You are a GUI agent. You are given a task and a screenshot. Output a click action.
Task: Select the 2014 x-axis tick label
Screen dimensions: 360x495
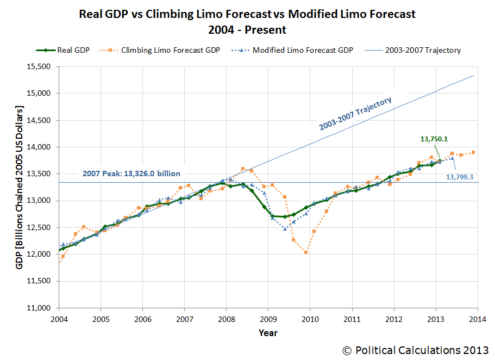click(x=477, y=318)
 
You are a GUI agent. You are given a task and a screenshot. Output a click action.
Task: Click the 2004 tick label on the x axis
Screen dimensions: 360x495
click(x=59, y=318)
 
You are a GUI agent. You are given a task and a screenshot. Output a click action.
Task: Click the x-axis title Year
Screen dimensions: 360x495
click(x=267, y=332)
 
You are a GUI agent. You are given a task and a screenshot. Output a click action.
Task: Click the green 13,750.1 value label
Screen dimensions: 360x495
click(x=435, y=139)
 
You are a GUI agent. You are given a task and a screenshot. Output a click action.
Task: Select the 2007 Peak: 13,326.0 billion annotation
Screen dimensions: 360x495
click(x=131, y=173)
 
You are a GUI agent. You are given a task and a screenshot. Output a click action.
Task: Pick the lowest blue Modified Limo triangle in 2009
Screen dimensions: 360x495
click(x=285, y=228)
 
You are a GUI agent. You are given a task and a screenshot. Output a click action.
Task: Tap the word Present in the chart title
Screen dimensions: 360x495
click(x=267, y=29)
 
